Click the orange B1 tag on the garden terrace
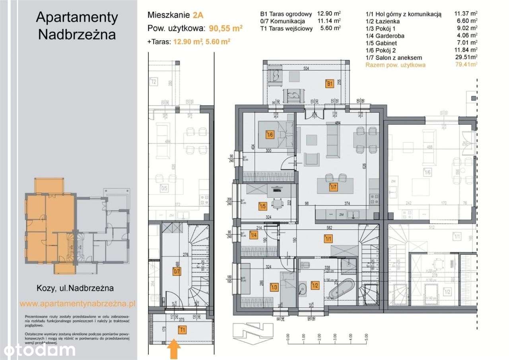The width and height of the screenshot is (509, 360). tap(329, 84)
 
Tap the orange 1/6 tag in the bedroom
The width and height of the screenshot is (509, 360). tap(270, 134)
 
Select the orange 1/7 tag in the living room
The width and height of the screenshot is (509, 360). tap(333, 186)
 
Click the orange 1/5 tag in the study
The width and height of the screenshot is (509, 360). tap(262, 206)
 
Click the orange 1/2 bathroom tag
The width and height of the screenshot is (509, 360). tap(315, 285)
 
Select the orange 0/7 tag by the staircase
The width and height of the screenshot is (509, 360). tap(177, 272)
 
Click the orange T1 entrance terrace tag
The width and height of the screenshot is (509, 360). tap(183, 329)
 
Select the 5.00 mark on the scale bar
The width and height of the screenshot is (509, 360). tap(365, 336)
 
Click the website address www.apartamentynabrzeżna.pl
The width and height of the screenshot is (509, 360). tap(78, 304)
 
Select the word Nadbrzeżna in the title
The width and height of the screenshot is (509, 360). tap(77, 34)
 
